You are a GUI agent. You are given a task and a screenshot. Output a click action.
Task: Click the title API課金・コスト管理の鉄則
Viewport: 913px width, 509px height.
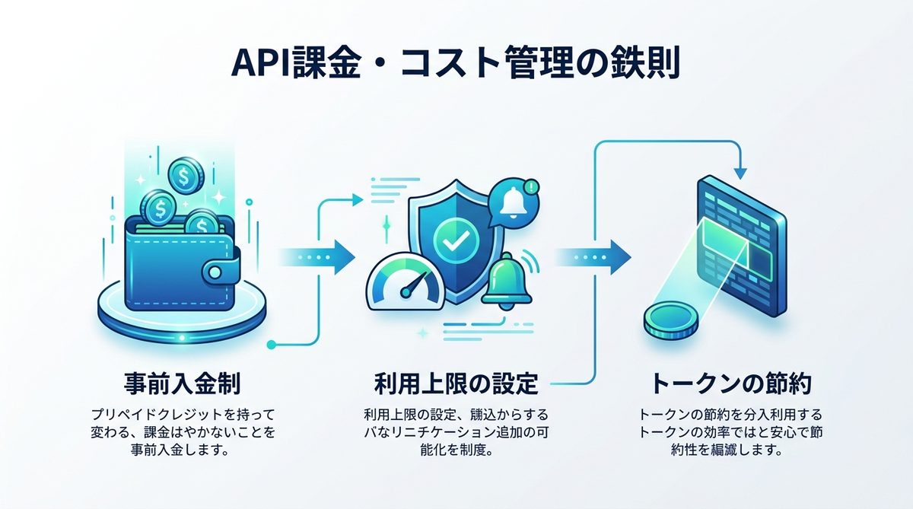(x=456, y=65)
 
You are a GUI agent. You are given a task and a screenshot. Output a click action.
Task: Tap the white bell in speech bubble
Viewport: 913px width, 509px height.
(x=513, y=199)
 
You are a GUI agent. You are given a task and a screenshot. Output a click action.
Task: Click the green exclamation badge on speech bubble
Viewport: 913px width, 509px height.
(x=532, y=185)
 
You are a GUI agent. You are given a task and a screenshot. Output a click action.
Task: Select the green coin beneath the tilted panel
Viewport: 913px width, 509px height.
(x=667, y=320)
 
